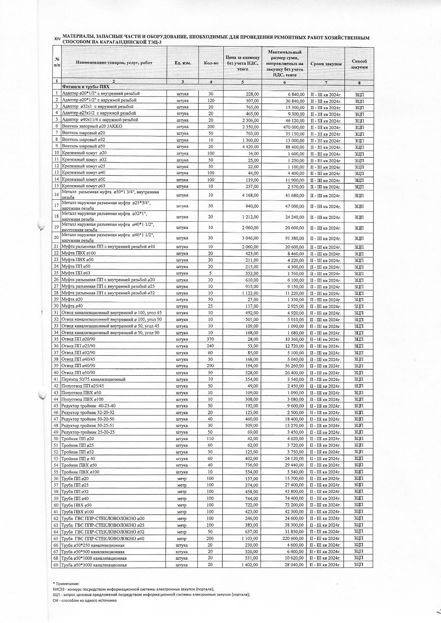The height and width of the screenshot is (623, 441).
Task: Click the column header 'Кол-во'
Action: pos(211,63)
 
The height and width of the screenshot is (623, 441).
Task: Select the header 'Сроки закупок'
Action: pos(326,64)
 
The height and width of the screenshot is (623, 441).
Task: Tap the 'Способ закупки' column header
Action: pos(359,64)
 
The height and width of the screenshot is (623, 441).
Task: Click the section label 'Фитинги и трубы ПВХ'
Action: pos(86,87)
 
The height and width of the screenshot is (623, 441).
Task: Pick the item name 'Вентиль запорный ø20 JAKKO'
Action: pos(92,126)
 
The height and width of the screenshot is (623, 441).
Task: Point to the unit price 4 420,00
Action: pos(250,146)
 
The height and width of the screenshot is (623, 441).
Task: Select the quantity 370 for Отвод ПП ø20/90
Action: pos(211,339)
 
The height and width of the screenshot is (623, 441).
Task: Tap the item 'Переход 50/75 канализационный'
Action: pos(94,379)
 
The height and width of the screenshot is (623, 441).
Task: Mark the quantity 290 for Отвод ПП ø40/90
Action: pos(211,366)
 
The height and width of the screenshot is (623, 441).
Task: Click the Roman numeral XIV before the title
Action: pos(57,38)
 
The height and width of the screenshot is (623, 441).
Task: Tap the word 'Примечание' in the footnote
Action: pos(67,584)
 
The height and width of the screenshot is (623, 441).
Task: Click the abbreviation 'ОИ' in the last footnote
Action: pos(55,601)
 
